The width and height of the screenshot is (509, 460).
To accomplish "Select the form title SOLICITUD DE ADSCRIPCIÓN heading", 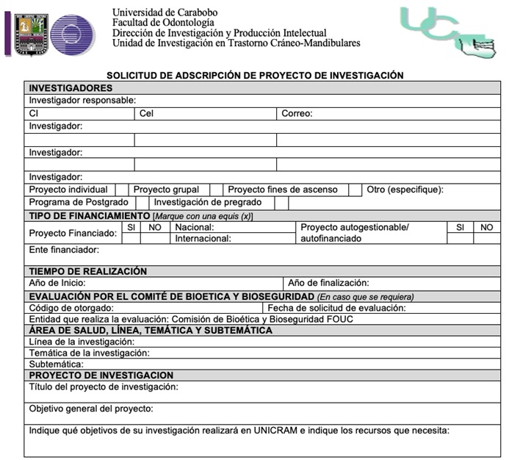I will pos(255,75).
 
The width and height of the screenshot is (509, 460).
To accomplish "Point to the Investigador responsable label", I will pos(82,101).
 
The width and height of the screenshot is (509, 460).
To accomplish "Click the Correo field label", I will pos(297,114).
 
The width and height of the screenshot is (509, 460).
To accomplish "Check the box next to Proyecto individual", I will pos(122,190).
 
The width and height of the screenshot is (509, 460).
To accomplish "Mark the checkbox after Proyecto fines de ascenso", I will pos(355,190).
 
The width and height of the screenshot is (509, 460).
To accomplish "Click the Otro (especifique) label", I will pos(405,190).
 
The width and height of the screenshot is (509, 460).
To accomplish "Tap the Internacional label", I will pos(203,238).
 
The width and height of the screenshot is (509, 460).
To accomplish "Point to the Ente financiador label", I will pos(64,251).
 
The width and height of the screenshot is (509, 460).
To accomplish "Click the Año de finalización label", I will pos(328,283).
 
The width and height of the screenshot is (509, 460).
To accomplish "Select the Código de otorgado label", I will pos(71,309).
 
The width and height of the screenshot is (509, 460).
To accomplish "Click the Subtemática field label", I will pos(56,364).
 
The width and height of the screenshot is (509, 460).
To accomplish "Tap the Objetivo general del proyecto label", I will pos(91,409).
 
